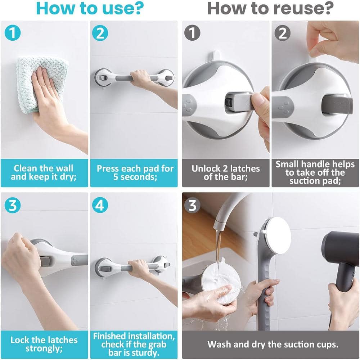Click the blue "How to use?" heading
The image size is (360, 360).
click(90, 9)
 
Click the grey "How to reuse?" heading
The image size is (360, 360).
click(270, 9)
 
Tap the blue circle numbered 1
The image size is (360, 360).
click(13, 33)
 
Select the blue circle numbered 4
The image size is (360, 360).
click(100, 205)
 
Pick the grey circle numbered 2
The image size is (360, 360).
click(282, 33)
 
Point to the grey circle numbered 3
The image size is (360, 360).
click(192, 205)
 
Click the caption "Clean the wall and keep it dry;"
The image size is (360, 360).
click(44, 173)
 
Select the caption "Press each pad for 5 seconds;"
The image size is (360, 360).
click(135, 173)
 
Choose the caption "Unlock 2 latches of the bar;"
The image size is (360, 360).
click(226, 173)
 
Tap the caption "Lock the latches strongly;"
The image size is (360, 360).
click(44, 344)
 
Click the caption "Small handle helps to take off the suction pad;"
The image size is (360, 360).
click(315, 173)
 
